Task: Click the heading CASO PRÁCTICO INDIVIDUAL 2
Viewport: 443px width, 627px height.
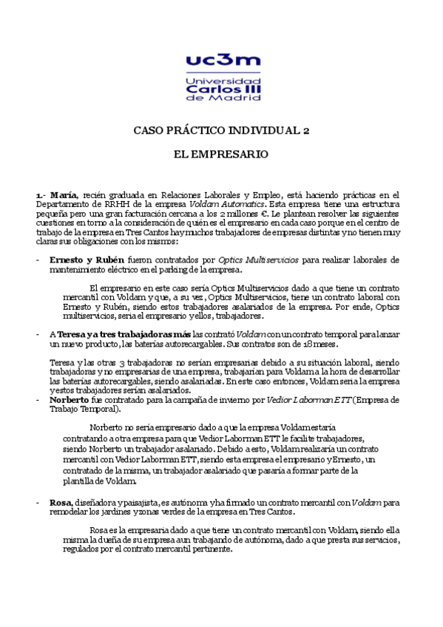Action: coord(221,130)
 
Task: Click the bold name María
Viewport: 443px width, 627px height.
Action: coord(64,194)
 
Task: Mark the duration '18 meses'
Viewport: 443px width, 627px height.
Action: coord(325,344)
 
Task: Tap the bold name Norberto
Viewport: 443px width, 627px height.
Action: coord(69,400)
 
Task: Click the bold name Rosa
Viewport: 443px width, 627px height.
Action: coord(61,503)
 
